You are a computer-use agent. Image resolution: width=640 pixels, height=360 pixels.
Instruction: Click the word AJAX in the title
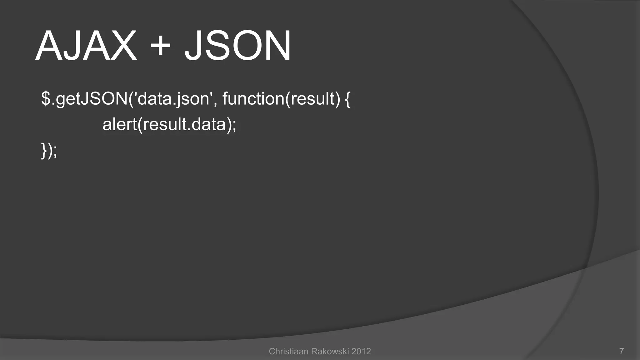tap(86, 46)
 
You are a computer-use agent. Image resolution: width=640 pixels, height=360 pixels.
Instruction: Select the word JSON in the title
tap(237, 46)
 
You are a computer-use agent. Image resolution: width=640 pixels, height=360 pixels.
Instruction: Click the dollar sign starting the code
tap(46, 99)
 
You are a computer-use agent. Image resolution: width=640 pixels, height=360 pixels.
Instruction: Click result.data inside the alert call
tap(184, 124)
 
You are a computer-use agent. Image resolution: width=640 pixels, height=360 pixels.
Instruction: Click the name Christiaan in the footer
tap(288, 352)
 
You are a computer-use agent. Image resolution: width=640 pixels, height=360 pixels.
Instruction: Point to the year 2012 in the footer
tap(361, 352)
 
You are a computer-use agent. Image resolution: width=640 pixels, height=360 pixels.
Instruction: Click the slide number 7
tap(622, 352)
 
